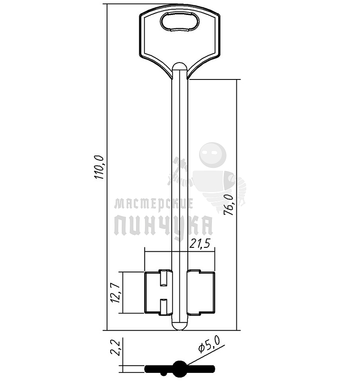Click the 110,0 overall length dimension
(x=100, y=167)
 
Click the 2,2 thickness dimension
(x=115, y=347)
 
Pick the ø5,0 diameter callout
(x=209, y=344)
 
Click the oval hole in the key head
(x=180, y=21)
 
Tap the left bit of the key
(x=158, y=292)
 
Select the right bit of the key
(x=201, y=292)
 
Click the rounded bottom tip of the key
(x=180, y=326)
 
